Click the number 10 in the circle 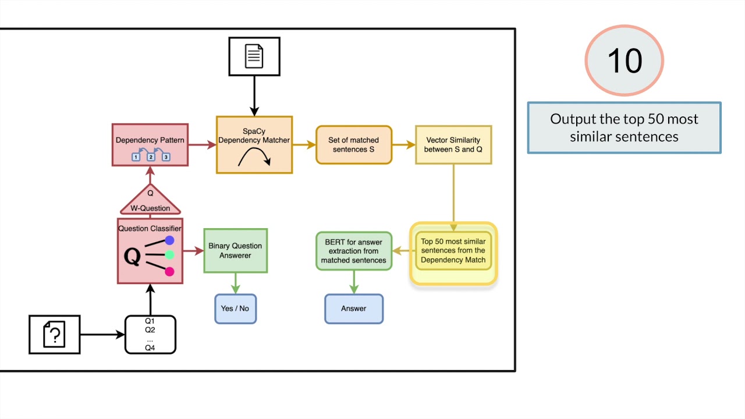(625, 61)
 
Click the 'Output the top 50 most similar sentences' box (624, 128)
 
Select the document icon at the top (254, 56)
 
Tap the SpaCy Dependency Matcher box (254, 145)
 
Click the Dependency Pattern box (150, 145)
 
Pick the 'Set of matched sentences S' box (354, 145)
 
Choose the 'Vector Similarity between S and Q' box (453, 145)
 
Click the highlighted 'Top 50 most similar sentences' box (453, 251)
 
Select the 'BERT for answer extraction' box (354, 251)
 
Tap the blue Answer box (354, 308)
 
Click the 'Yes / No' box (235, 308)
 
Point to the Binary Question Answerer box (235, 251)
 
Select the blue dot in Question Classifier (169, 240)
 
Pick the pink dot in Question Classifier (169, 271)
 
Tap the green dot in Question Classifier (169, 255)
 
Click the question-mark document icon (55, 335)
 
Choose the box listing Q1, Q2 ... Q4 (150, 335)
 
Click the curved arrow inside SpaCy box (254, 156)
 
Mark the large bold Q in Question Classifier (132, 257)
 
